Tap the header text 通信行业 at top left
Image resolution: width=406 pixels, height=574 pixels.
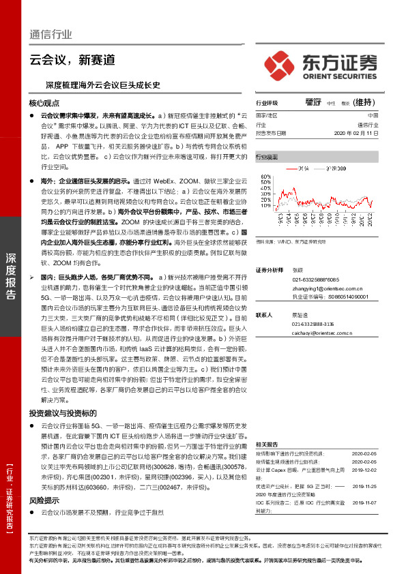pos(50,35)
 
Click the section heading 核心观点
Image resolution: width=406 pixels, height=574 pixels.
pos(44,103)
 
